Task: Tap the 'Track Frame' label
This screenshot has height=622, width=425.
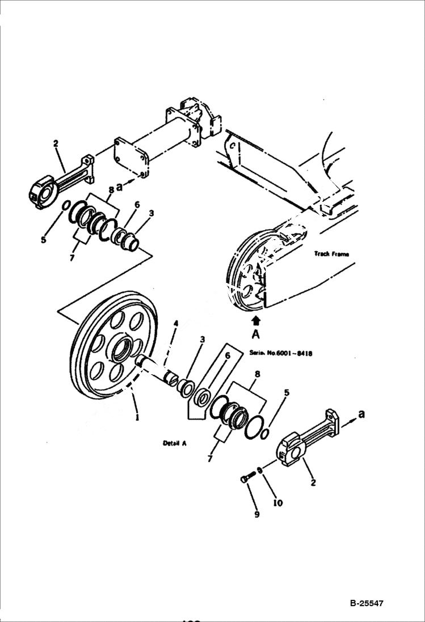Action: tap(332, 254)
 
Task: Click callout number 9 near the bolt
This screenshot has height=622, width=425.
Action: tap(256, 514)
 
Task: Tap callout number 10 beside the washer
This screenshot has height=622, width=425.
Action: tap(278, 502)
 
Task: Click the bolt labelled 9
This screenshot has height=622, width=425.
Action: tap(245, 479)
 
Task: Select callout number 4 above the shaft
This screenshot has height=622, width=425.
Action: tap(176, 324)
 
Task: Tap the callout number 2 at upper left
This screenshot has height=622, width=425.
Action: tap(56, 143)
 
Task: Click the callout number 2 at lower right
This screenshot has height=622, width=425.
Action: tap(313, 483)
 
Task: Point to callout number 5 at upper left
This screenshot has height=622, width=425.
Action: tap(43, 240)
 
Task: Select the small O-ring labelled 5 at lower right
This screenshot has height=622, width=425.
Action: tap(265, 433)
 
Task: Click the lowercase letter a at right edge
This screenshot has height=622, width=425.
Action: tap(361, 414)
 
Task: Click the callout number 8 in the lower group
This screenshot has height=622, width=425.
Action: tap(258, 374)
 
